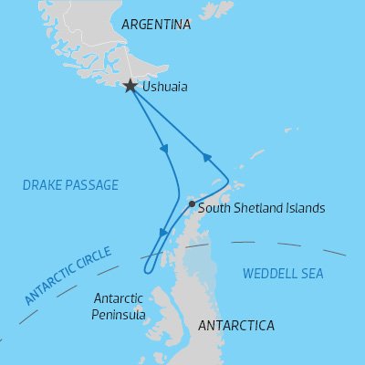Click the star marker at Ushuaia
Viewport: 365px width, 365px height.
pyautogui.click(x=131, y=86)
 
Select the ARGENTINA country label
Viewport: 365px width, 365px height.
pyautogui.click(x=155, y=25)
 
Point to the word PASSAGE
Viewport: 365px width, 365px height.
pyautogui.click(x=95, y=185)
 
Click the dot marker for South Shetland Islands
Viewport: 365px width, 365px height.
pyautogui.click(x=191, y=203)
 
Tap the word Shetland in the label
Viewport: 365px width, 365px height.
pyautogui.click(x=258, y=208)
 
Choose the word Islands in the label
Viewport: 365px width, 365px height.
pyautogui.click(x=305, y=208)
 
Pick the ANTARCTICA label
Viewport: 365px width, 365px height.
pyautogui.click(x=235, y=325)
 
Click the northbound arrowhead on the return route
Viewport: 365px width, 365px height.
pyautogui.click(x=208, y=159)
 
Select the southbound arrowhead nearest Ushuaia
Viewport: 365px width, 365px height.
pyautogui.click(x=164, y=149)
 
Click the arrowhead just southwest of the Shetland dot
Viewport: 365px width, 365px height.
pyautogui.click(x=164, y=234)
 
